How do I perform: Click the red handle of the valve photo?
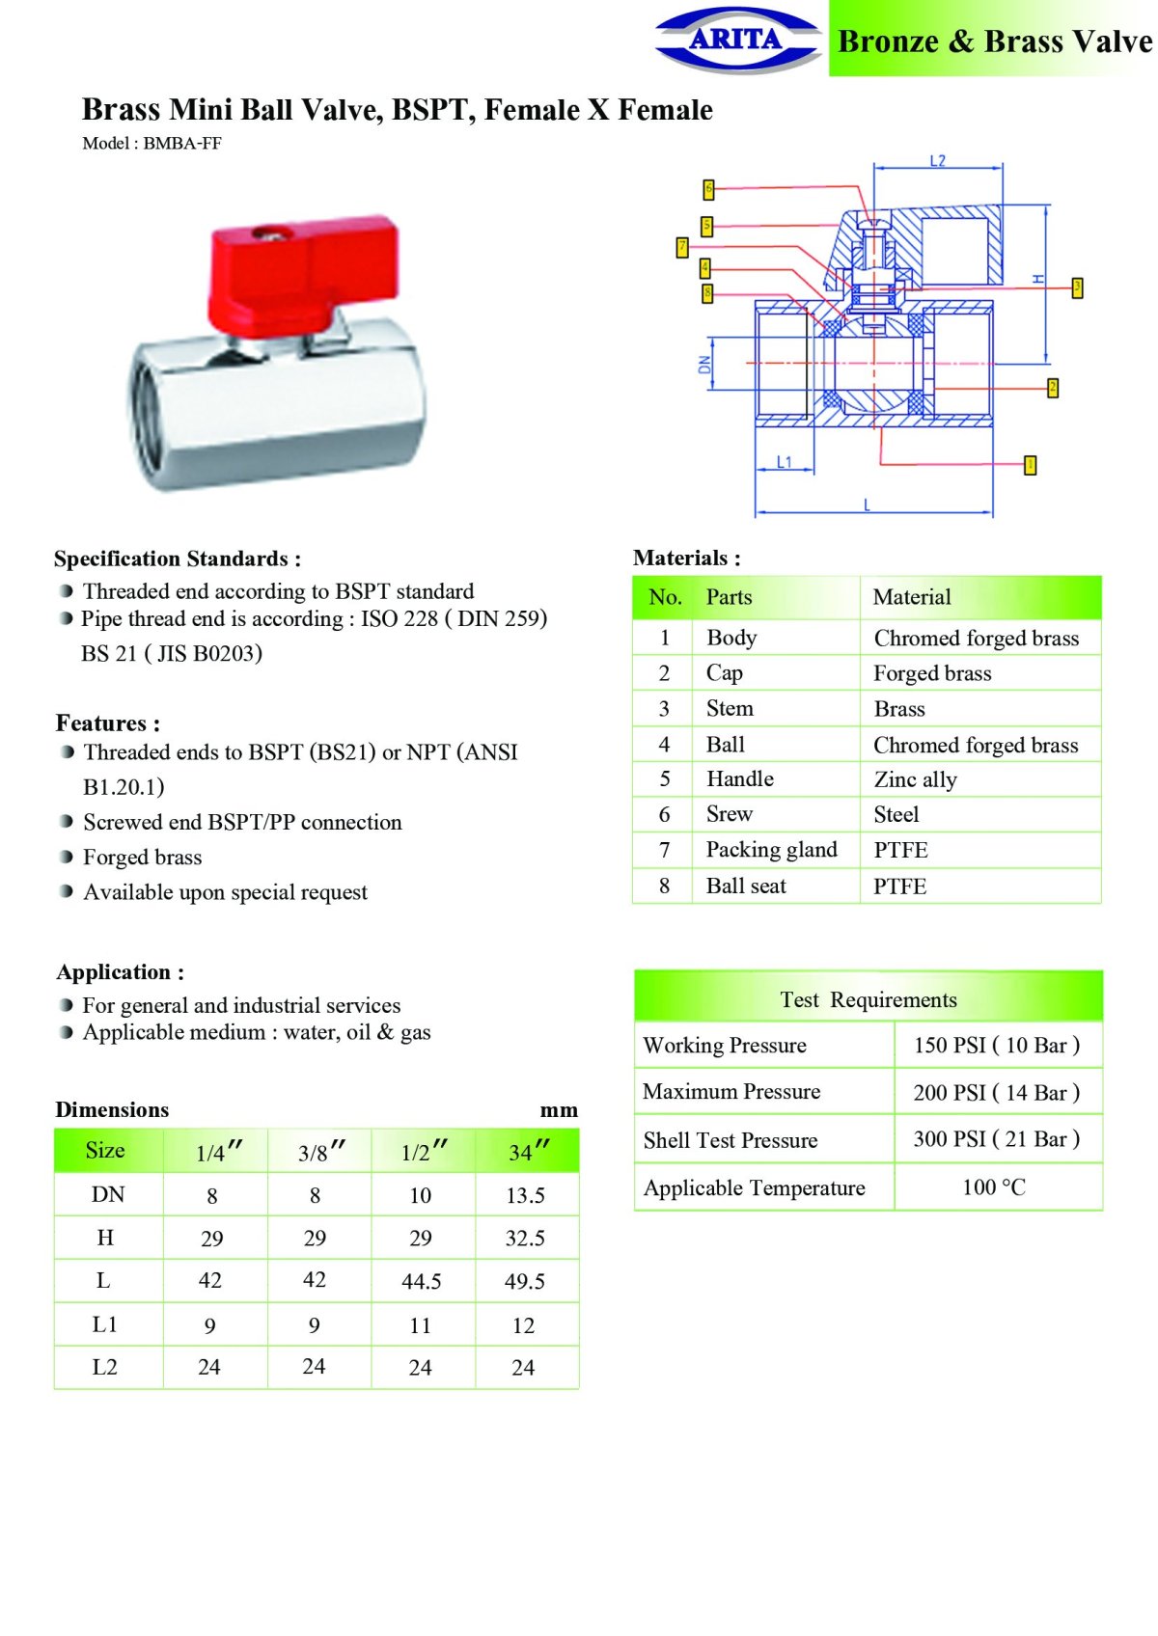(303, 270)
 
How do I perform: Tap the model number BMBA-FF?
(182, 144)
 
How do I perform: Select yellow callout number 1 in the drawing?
(1030, 466)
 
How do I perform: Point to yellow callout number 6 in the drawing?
(708, 189)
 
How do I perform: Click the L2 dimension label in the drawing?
(937, 161)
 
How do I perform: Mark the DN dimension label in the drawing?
(704, 365)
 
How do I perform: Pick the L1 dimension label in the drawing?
(784, 462)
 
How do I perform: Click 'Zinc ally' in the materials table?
(915, 779)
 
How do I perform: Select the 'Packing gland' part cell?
(771, 850)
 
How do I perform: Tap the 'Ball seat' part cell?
(746, 886)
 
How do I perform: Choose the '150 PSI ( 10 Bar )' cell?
(996, 1046)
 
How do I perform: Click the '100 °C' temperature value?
(994, 1187)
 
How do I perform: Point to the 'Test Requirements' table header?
(868, 999)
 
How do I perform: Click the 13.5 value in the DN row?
(525, 1196)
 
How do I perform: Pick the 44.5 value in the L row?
(421, 1281)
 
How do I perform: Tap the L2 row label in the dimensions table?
(104, 1367)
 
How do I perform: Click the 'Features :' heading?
(108, 723)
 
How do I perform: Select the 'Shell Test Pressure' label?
(731, 1140)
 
